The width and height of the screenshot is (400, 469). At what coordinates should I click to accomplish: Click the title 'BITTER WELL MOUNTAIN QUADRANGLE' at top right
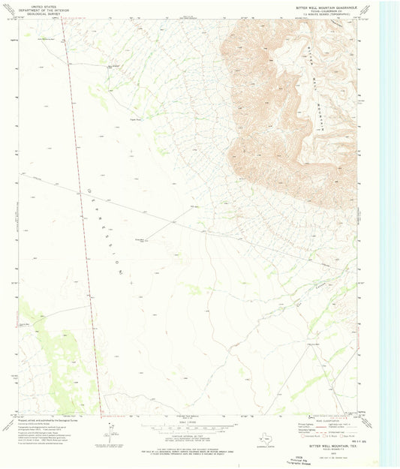320,4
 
